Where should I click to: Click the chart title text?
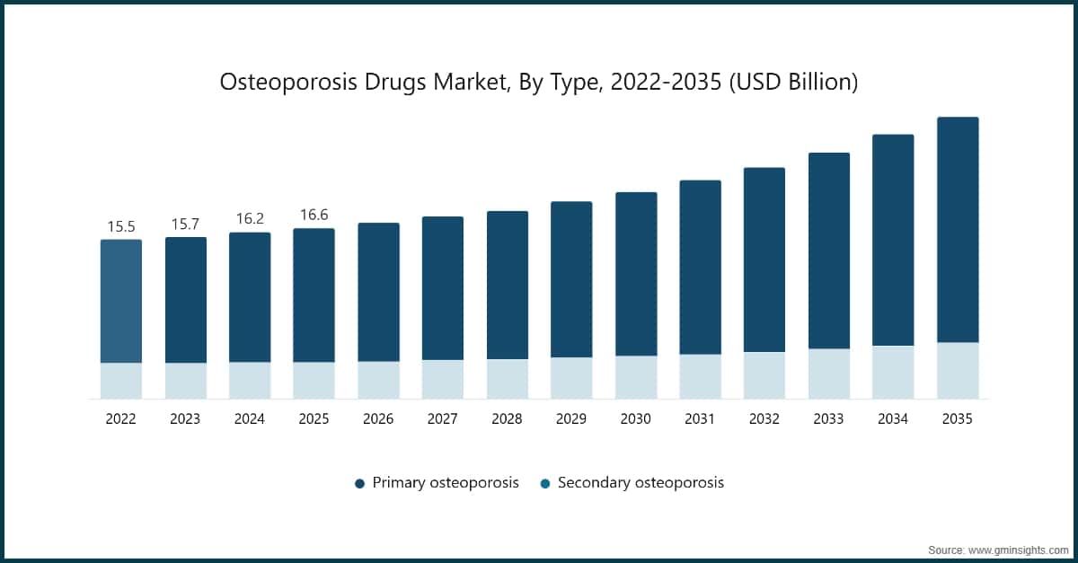pyautogui.click(x=539, y=83)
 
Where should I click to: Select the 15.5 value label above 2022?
pyautogui.click(x=120, y=226)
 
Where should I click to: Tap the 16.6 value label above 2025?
pyautogui.click(x=314, y=215)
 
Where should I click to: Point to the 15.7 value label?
pyautogui.click(x=185, y=224)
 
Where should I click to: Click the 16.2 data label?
pyautogui.click(x=250, y=218)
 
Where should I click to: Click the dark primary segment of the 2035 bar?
pyautogui.click(x=957, y=229)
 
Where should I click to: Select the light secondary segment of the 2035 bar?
pyautogui.click(x=957, y=370)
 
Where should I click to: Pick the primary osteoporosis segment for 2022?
pyautogui.click(x=120, y=301)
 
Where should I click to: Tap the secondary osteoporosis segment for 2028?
pyautogui.click(x=507, y=379)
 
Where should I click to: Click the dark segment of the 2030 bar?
pyautogui.click(x=636, y=274)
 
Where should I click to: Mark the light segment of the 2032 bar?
pyautogui.click(x=764, y=375)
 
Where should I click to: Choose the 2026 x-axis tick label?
pyautogui.click(x=378, y=419)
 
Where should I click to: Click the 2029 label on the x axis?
pyautogui.click(x=571, y=419)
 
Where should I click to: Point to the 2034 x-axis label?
pyautogui.click(x=893, y=419)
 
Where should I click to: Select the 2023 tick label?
pyautogui.click(x=185, y=419)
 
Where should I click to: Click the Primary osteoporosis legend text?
pyautogui.click(x=446, y=483)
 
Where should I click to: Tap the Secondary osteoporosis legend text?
pyautogui.click(x=641, y=483)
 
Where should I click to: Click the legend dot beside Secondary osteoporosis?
pyautogui.click(x=545, y=483)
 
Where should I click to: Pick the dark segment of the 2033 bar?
pyautogui.click(x=829, y=251)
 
